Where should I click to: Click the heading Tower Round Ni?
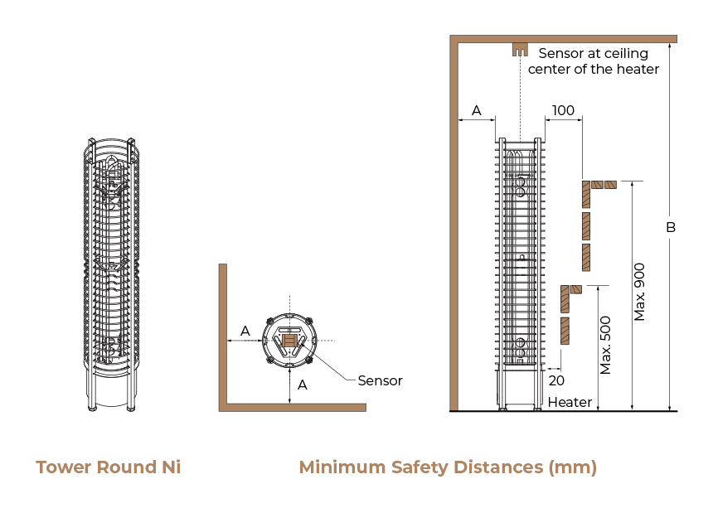[x=109, y=467]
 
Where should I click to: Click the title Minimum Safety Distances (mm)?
[x=448, y=467]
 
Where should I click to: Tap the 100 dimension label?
[x=563, y=110]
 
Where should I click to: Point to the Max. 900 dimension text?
[x=639, y=292]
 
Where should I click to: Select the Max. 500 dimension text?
[x=605, y=345]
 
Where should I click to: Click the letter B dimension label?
[x=671, y=227]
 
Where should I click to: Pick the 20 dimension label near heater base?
[x=556, y=380]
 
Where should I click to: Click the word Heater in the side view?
[x=570, y=402]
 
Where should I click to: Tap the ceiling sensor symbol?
[x=520, y=50]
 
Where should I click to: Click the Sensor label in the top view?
[x=381, y=380]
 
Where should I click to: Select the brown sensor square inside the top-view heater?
[x=289, y=341]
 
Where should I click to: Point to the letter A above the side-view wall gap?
[x=476, y=110]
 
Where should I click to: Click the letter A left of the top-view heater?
[x=245, y=331]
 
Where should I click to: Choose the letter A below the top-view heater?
[x=303, y=385]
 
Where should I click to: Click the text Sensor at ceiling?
[x=594, y=54]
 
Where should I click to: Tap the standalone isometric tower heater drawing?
[x=111, y=274]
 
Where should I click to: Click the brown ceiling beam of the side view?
[x=564, y=39]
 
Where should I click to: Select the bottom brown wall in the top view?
[x=293, y=408]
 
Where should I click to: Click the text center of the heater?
[x=594, y=69]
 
